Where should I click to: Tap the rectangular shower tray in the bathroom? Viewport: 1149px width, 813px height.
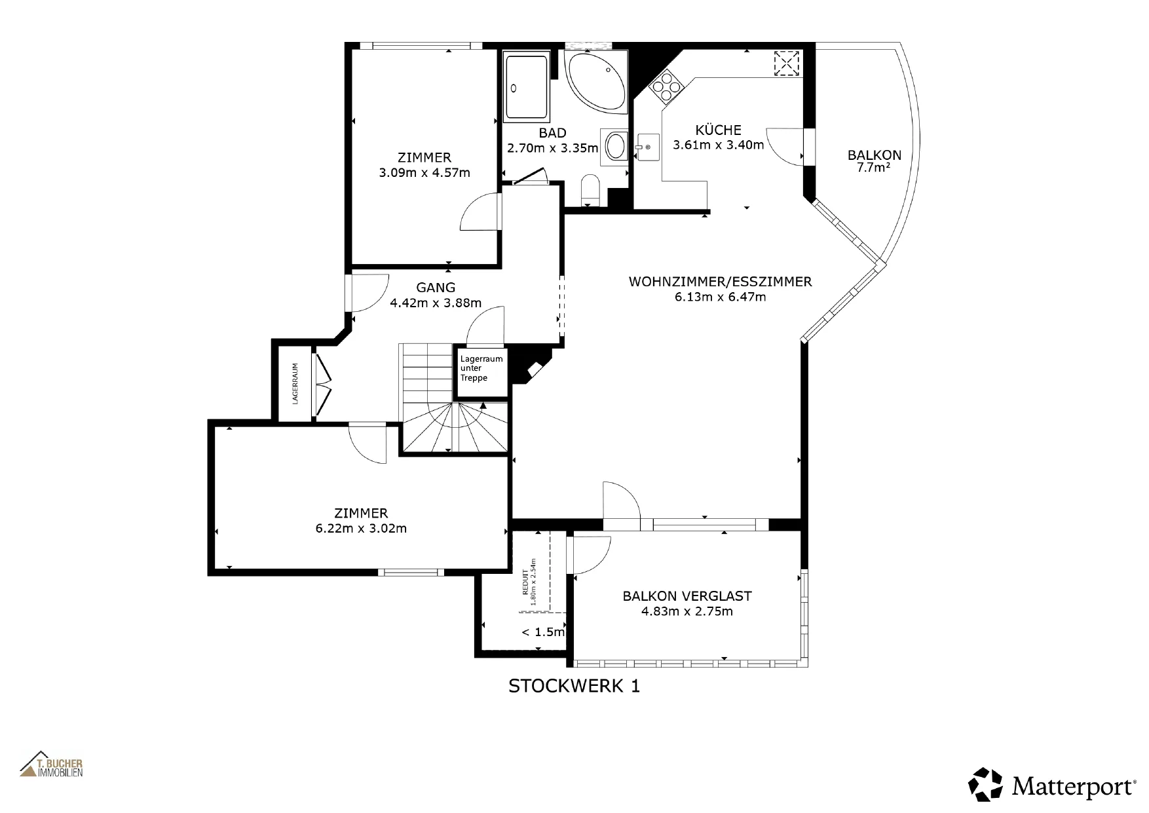coord(526,86)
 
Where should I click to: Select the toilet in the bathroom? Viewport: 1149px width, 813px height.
coord(590,189)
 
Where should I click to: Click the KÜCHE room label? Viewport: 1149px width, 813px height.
coord(719,130)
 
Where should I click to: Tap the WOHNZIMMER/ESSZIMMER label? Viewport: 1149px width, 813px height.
coord(720,282)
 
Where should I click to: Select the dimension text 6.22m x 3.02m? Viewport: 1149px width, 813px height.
coord(361,529)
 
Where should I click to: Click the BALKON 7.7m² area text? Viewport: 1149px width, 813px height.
coord(875,161)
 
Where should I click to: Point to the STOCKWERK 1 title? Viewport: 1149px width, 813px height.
coord(574,686)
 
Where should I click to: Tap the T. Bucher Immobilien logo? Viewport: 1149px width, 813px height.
coord(51,764)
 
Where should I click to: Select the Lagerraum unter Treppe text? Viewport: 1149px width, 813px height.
coord(481,368)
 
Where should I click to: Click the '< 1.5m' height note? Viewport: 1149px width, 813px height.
coord(543,632)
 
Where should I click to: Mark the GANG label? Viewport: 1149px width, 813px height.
coord(436,288)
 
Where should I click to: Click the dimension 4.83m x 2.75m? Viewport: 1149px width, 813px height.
coord(687,612)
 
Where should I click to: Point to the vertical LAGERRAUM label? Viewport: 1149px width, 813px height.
coord(295,384)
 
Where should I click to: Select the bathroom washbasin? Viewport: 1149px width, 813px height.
coord(616,145)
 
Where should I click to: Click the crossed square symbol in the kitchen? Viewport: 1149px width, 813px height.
coord(785,63)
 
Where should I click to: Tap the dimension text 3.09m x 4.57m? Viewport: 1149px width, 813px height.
coord(424,174)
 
